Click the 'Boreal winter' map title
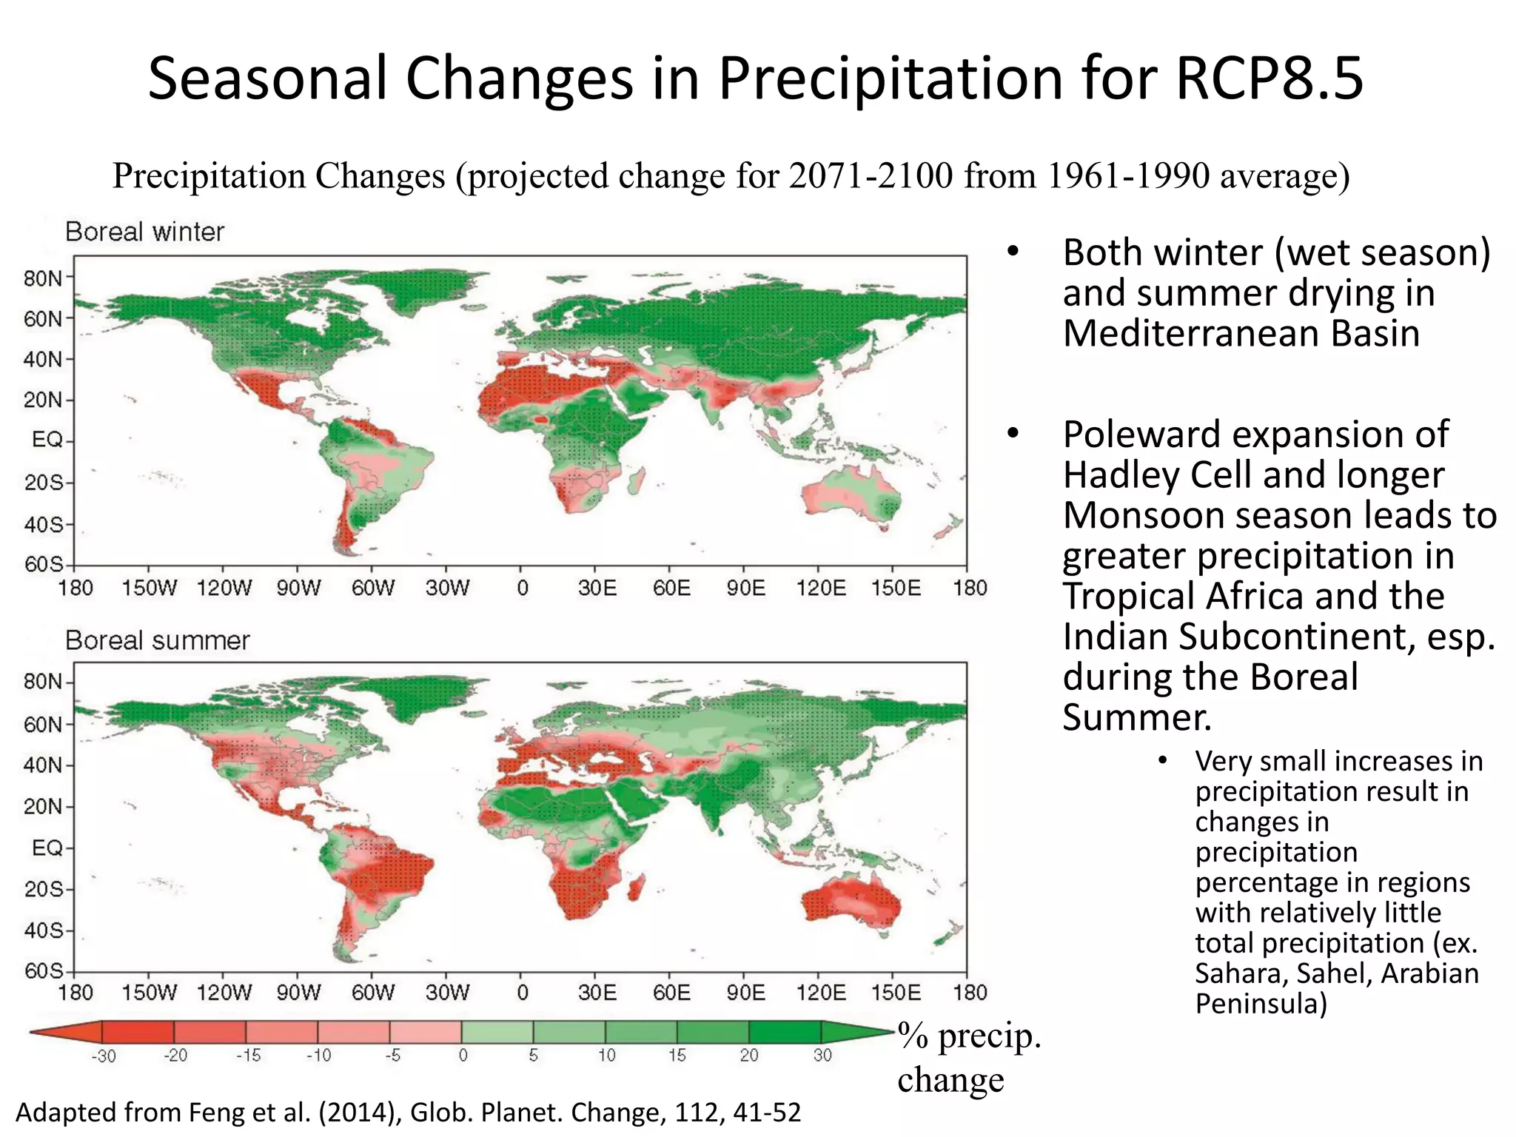coord(144,232)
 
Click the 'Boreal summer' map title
coord(157,640)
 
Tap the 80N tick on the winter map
coord(44,279)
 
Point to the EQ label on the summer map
coord(47,848)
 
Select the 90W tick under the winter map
coord(298,588)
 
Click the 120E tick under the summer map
coord(821,993)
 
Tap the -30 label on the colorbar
coord(104,1056)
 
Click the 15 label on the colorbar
coord(677,1056)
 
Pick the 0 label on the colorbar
coord(463,1056)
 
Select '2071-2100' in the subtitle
coord(870,176)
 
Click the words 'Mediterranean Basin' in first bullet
coord(1241,333)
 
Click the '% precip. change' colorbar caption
coord(968,1057)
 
